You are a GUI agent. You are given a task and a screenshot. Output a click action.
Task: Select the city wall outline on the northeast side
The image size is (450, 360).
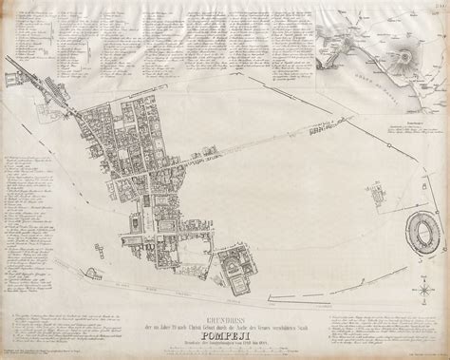point(313,95)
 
